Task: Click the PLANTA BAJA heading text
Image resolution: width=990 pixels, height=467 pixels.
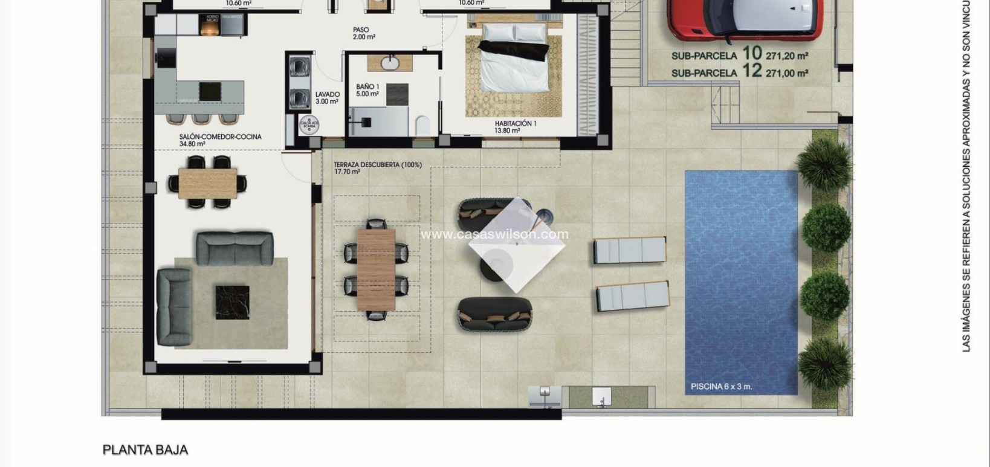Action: tap(146, 450)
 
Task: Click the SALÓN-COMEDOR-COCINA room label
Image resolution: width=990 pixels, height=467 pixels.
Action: tap(220, 137)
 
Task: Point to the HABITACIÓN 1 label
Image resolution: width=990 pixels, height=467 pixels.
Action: tap(516, 123)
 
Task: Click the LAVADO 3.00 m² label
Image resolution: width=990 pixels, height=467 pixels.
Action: tap(328, 98)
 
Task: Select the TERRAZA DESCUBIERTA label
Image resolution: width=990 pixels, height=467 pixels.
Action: tap(377, 165)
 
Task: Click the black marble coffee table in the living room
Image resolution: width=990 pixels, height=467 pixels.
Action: tap(233, 302)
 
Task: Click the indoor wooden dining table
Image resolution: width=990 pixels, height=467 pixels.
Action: tap(208, 183)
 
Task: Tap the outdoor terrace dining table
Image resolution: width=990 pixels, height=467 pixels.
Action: tap(376, 269)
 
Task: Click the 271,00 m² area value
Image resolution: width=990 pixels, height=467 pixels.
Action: tap(787, 73)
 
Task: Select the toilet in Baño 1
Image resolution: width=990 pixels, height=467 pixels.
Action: tap(423, 125)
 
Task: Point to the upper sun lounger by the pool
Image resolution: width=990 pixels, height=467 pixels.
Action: tap(629, 250)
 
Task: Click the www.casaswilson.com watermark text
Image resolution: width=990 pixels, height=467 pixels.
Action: tap(494, 234)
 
